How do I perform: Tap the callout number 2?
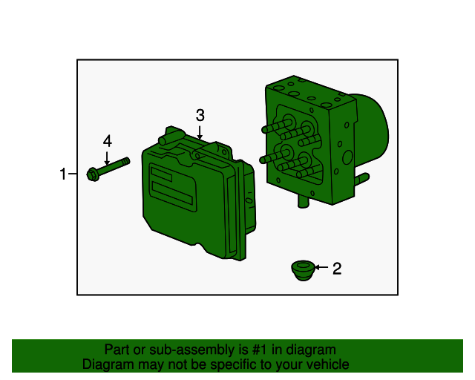pyautogui.click(x=336, y=269)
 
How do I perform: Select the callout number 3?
pyautogui.click(x=200, y=115)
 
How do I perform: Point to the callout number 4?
pyautogui.click(x=108, y=140)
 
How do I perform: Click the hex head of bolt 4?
pyautogui.click(x=94, y=175)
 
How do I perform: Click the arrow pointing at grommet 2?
pyautogui.click(x=320, y=268)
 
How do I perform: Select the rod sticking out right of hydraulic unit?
pyautogui.click(x=362, y=178)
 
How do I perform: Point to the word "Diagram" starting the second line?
pyautogui.click(x=107, y=364)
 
